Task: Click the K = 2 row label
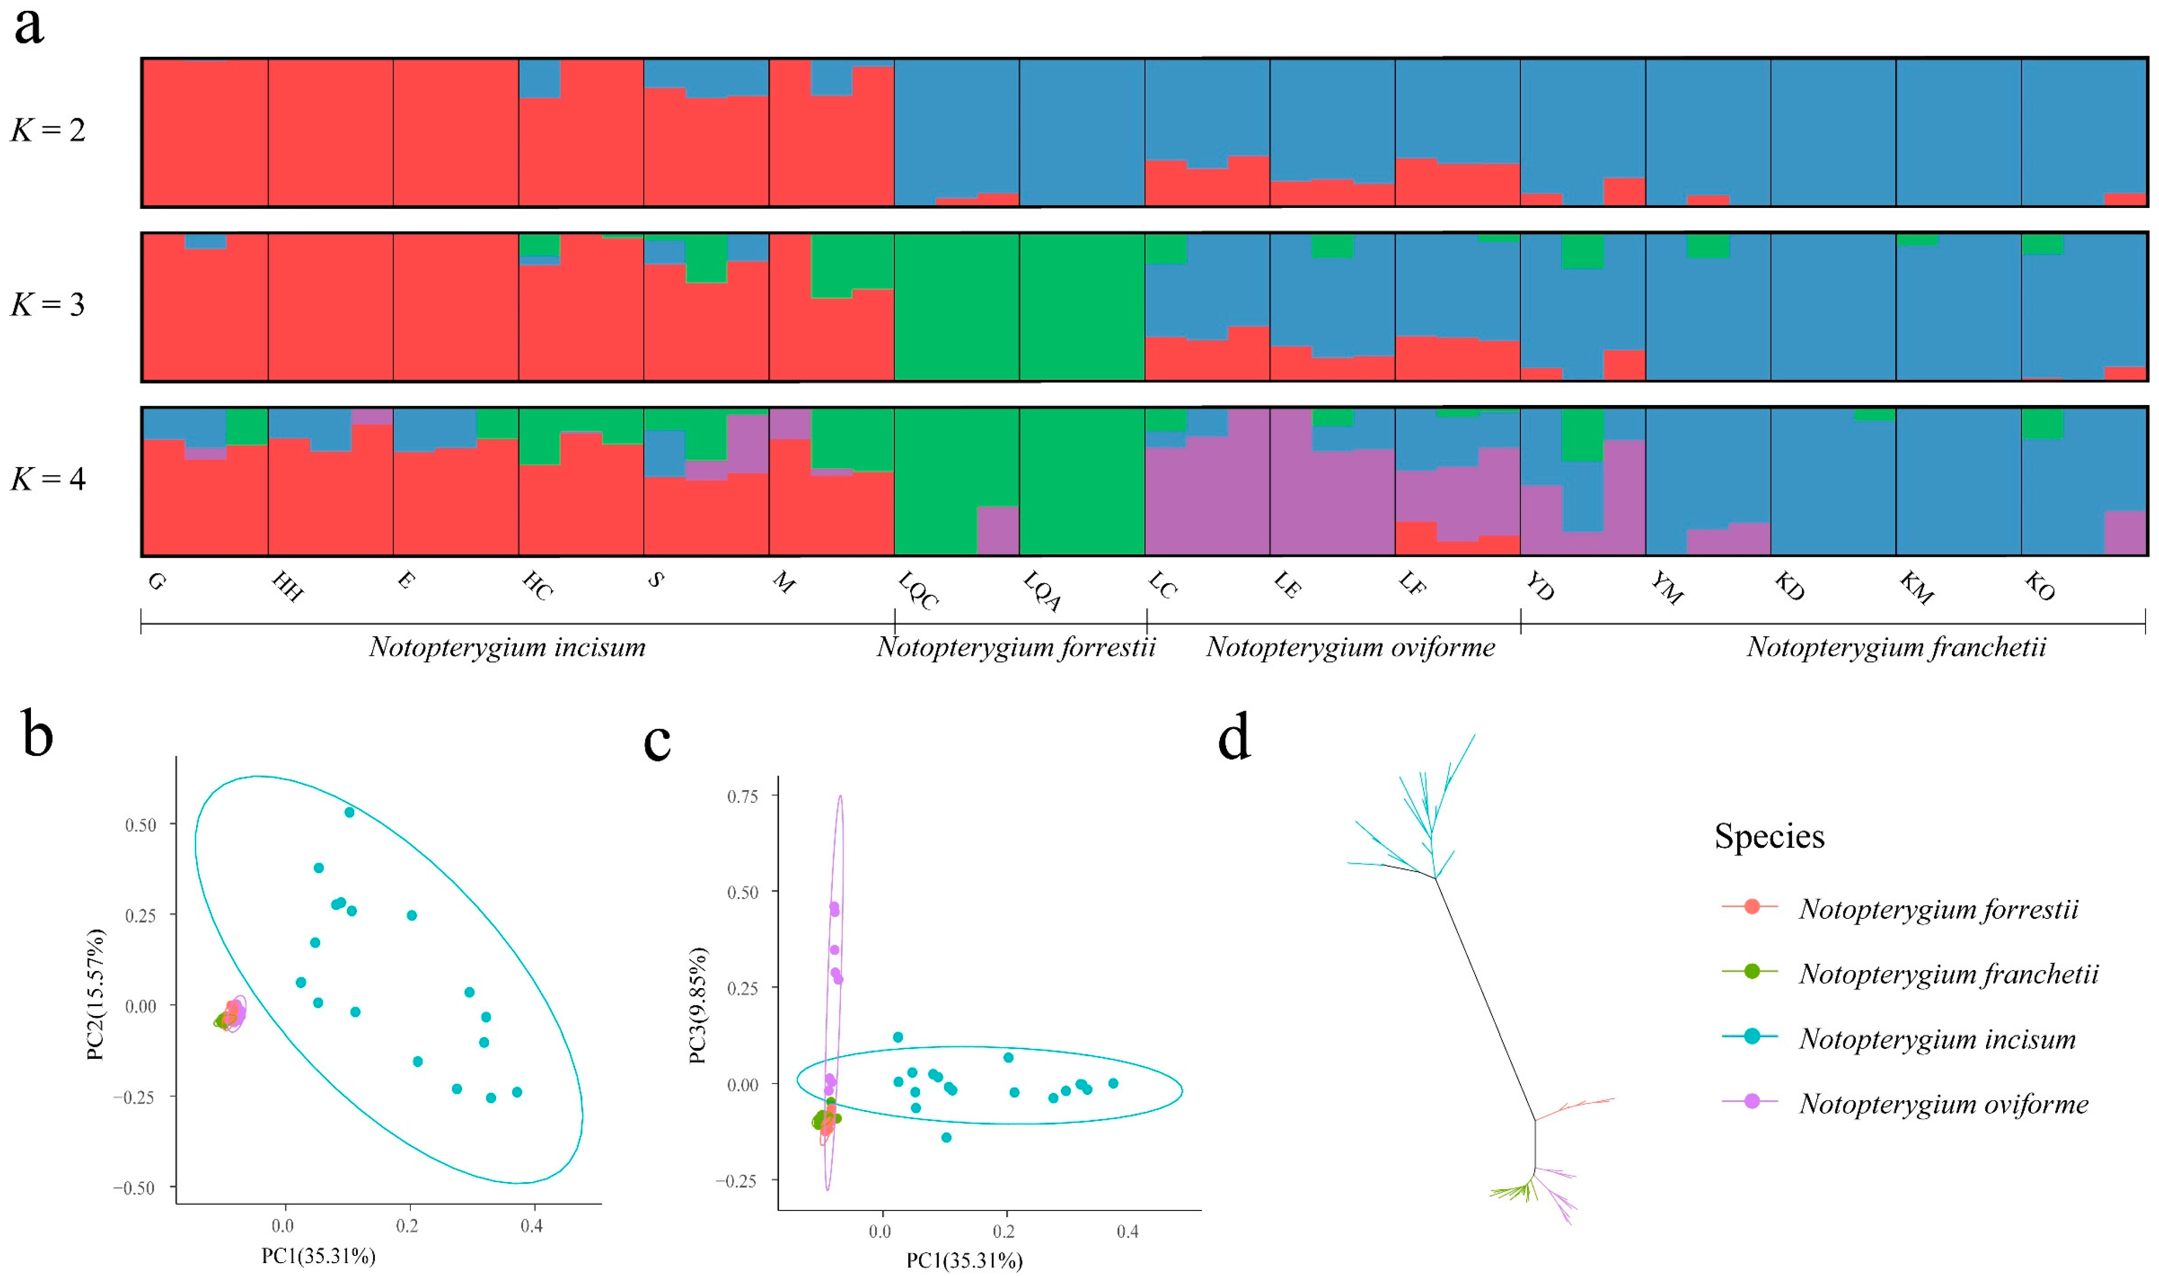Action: click(x=48, y=131)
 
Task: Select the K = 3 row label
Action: click(x=48, y=305)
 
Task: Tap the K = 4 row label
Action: click(x=48, y=479)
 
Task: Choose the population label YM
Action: click(x=1666, y=589)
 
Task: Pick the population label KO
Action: click(x=2039, y=587)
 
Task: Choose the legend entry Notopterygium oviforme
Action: click(x=1943, y=1104)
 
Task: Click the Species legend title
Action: click(x=1769, y=836)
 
